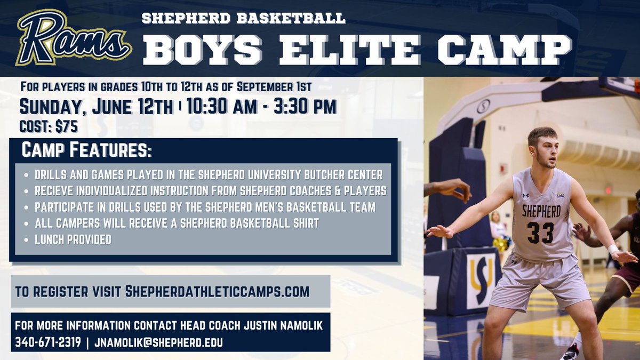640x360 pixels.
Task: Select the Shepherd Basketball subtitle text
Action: (x=244, y=19)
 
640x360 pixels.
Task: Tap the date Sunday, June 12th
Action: (x=96, y=107)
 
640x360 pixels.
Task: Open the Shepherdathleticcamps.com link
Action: (x=217, y=292)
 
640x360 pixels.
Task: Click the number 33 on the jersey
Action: (x=540, y=233)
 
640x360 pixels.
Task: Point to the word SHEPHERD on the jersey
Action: (x=541, y=211)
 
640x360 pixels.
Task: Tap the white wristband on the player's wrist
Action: (x=614, y=249)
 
